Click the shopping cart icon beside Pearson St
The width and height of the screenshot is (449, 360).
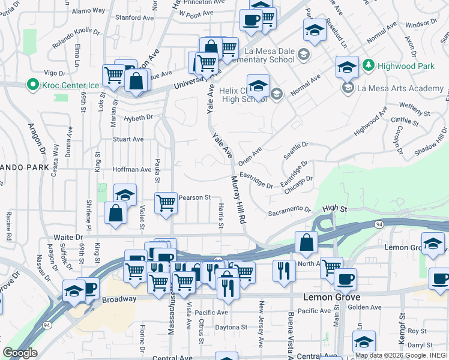(166, 203)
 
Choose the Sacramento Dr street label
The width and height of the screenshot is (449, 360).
(289, 211)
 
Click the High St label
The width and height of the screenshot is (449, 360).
(335, 208)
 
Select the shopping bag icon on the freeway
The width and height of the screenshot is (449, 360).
(306, 243)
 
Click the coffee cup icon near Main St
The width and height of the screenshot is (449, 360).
(345, 279)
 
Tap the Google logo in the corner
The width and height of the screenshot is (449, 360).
(20, 353)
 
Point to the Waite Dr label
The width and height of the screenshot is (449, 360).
(67, 238)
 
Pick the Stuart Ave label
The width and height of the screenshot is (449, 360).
(128, 139)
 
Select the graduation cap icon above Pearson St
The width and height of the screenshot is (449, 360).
(125, 194)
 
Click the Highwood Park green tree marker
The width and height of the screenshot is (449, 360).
(367, 65)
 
